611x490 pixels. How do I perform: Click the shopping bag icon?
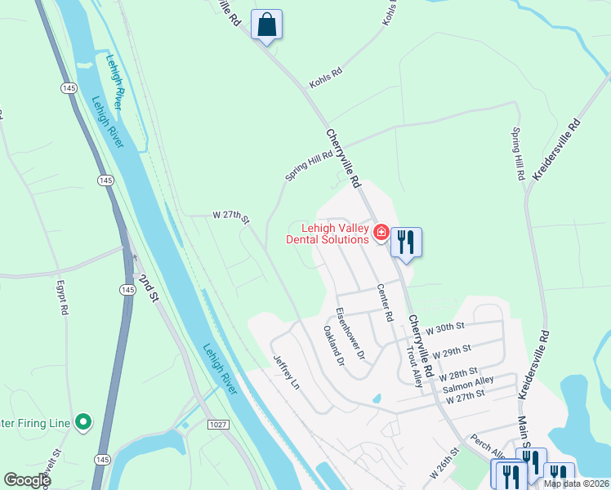[266, 24]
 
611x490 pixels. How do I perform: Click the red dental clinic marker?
[381, 234]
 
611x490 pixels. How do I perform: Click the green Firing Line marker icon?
[83, 422]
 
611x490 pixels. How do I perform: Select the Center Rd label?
[385, 302]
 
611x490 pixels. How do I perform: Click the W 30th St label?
[444, 327]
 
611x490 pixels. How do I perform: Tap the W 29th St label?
[453, 353]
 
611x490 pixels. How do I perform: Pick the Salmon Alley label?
[468, 381]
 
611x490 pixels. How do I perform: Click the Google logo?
[27, 480]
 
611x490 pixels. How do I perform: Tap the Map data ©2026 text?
[577, 483]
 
